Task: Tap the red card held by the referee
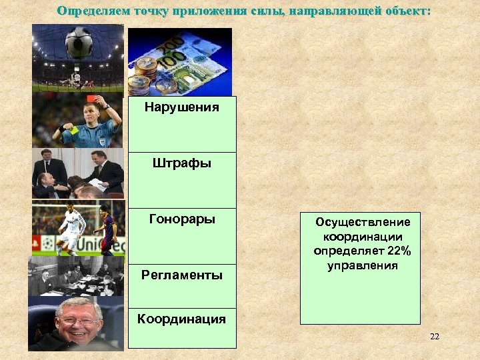105,99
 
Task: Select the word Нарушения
182,107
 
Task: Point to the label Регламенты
182,275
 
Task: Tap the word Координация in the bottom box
181,319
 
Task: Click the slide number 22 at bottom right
434,336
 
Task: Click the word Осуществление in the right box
363,222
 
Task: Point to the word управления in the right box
363,265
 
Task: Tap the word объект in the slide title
409,11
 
